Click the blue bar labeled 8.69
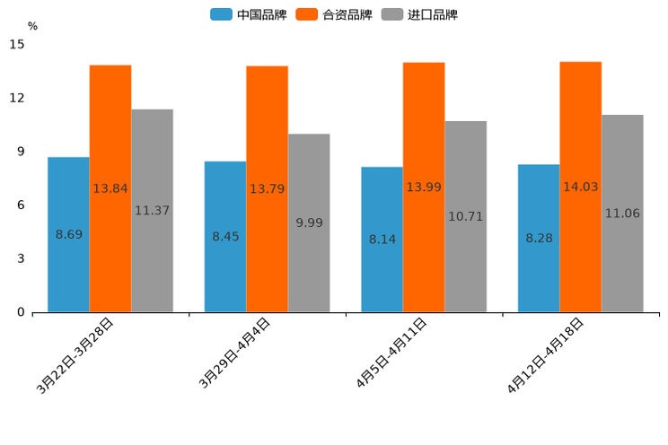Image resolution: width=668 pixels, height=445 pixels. point(68,269)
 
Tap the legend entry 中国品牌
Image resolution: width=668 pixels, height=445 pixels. point(249,14)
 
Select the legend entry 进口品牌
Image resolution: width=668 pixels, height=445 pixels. point(420,14)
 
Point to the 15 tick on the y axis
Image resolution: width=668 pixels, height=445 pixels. point(17,44)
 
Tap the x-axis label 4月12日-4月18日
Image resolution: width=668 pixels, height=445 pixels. point(545,356)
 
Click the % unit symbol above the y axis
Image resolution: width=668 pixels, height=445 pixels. point(32,26)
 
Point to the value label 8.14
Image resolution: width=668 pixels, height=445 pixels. point(382,240)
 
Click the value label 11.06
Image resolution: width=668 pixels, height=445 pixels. point(622,214)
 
